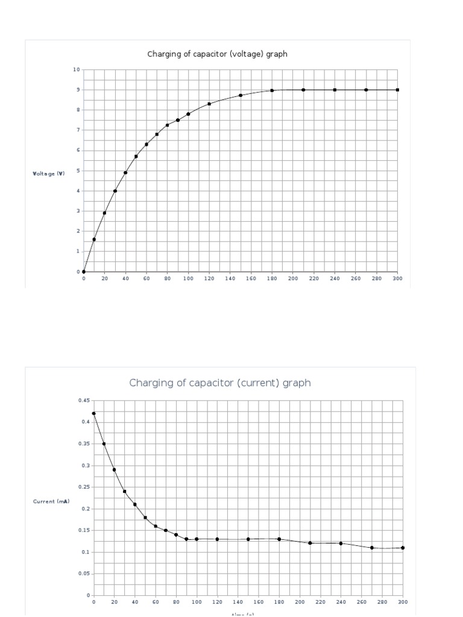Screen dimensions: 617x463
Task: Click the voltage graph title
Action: pos(217,54)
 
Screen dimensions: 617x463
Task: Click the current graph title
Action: pos(220,383)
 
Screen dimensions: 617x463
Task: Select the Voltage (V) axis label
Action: pos(49,174)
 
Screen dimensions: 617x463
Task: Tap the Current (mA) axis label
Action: pos(51,501)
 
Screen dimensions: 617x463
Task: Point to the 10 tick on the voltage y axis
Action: pos(77,69)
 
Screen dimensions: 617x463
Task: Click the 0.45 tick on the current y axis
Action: pos(83,400)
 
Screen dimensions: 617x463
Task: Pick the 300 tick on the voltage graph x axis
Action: pos(397,279)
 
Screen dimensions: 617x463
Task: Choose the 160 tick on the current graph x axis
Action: pos(259,602)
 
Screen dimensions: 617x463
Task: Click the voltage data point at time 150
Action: pos(241,95)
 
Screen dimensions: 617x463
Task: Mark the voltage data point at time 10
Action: pos(94,239)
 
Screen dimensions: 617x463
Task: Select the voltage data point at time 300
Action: pos(397,90)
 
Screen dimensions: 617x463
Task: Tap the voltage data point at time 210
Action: pos(303,90)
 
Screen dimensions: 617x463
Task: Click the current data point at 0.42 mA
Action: pos(94,413)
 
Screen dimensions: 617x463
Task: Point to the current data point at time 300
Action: pos(403,548)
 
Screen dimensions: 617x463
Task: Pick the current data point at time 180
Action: pos(279,539)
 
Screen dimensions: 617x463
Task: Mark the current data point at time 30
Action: pos(125,491)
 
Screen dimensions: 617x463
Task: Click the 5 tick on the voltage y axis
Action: pos(78,171)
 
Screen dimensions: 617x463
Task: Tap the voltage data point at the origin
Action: pos(84,272)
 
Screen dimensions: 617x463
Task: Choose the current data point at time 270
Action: pos(372,548)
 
